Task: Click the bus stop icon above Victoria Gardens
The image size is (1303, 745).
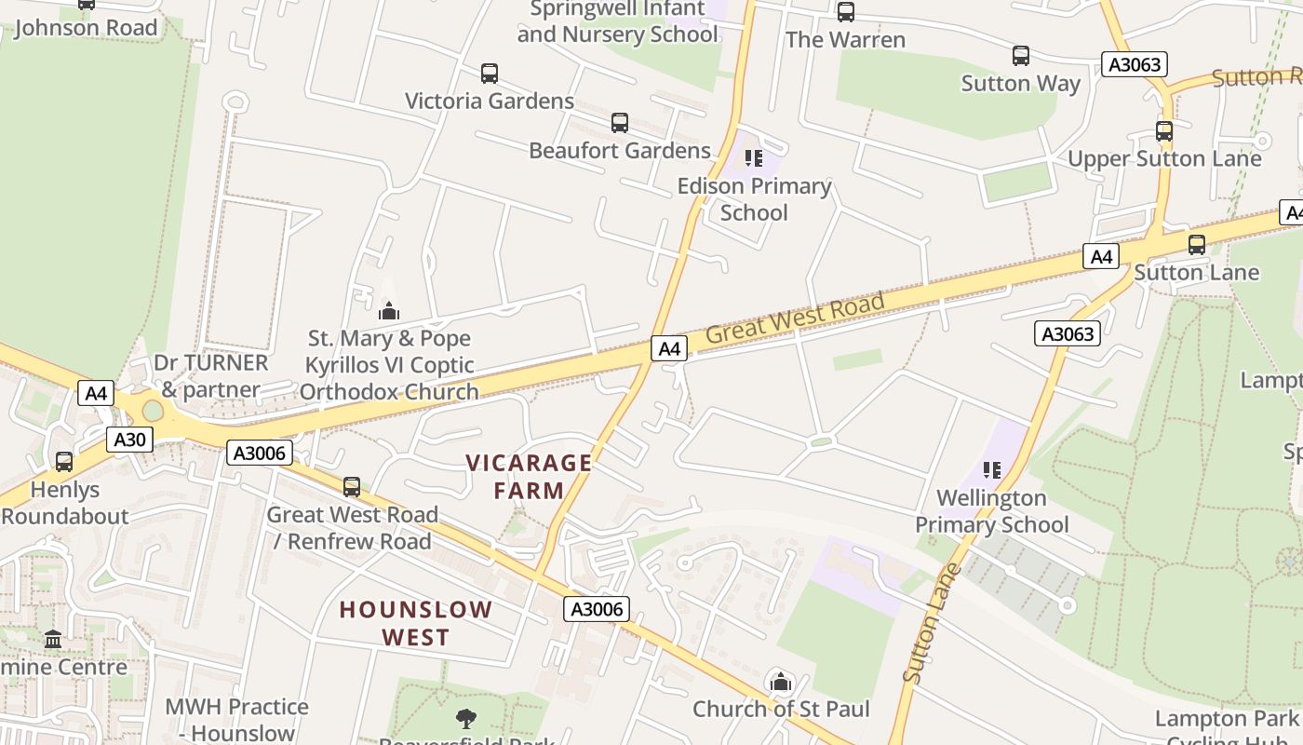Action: [490, 74]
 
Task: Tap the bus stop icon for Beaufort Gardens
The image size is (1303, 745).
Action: [620, 123]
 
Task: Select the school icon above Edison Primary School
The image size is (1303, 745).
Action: [754, 158]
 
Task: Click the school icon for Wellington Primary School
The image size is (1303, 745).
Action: [992, 470]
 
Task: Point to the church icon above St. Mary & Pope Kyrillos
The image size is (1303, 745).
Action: [389, 311]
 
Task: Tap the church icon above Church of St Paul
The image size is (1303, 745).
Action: [781, 683]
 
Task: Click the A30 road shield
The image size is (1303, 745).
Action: [129, 440]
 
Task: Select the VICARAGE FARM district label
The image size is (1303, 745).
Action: [529, 476]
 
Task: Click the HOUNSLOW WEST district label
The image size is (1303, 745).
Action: [415, 623]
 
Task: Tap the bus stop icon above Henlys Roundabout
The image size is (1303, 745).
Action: [64, 462]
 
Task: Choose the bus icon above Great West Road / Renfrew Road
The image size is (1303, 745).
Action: [352, 487]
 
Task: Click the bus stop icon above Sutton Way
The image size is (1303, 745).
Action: [1021, 56]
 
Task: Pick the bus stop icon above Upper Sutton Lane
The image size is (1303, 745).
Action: [1164, 131]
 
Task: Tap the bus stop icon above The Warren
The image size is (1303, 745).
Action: [845, 12]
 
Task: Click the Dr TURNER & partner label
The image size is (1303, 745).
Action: [211, 375]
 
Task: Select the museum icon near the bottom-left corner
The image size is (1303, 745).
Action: [53, 640]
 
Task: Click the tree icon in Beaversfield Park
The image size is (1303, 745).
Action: [466, 718]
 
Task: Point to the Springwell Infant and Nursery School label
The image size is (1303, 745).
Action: [618, 22]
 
